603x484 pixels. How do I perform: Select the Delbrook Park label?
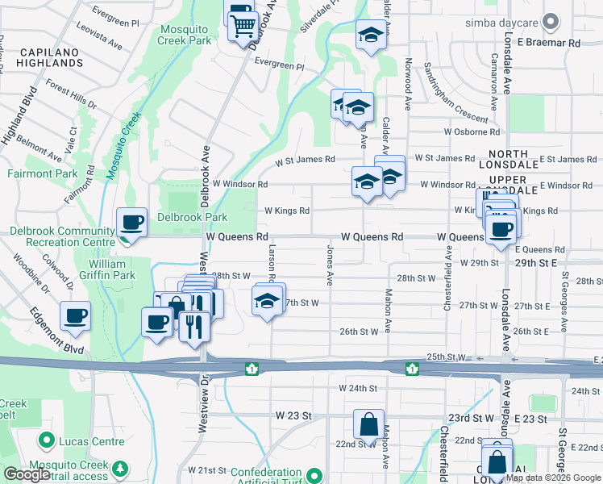[x=192, y=216]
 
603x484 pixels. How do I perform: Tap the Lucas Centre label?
[x=90, y=441]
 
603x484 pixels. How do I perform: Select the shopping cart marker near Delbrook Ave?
[x=242, y=27]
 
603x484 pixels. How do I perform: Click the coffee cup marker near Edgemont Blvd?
[x=76, y=315]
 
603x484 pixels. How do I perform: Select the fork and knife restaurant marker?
[x=194, y=325]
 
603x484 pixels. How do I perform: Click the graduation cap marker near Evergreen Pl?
[x=370, y=35]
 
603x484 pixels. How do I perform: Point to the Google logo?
[x=27, y=474]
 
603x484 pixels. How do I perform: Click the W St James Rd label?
[x=305, y=160]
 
